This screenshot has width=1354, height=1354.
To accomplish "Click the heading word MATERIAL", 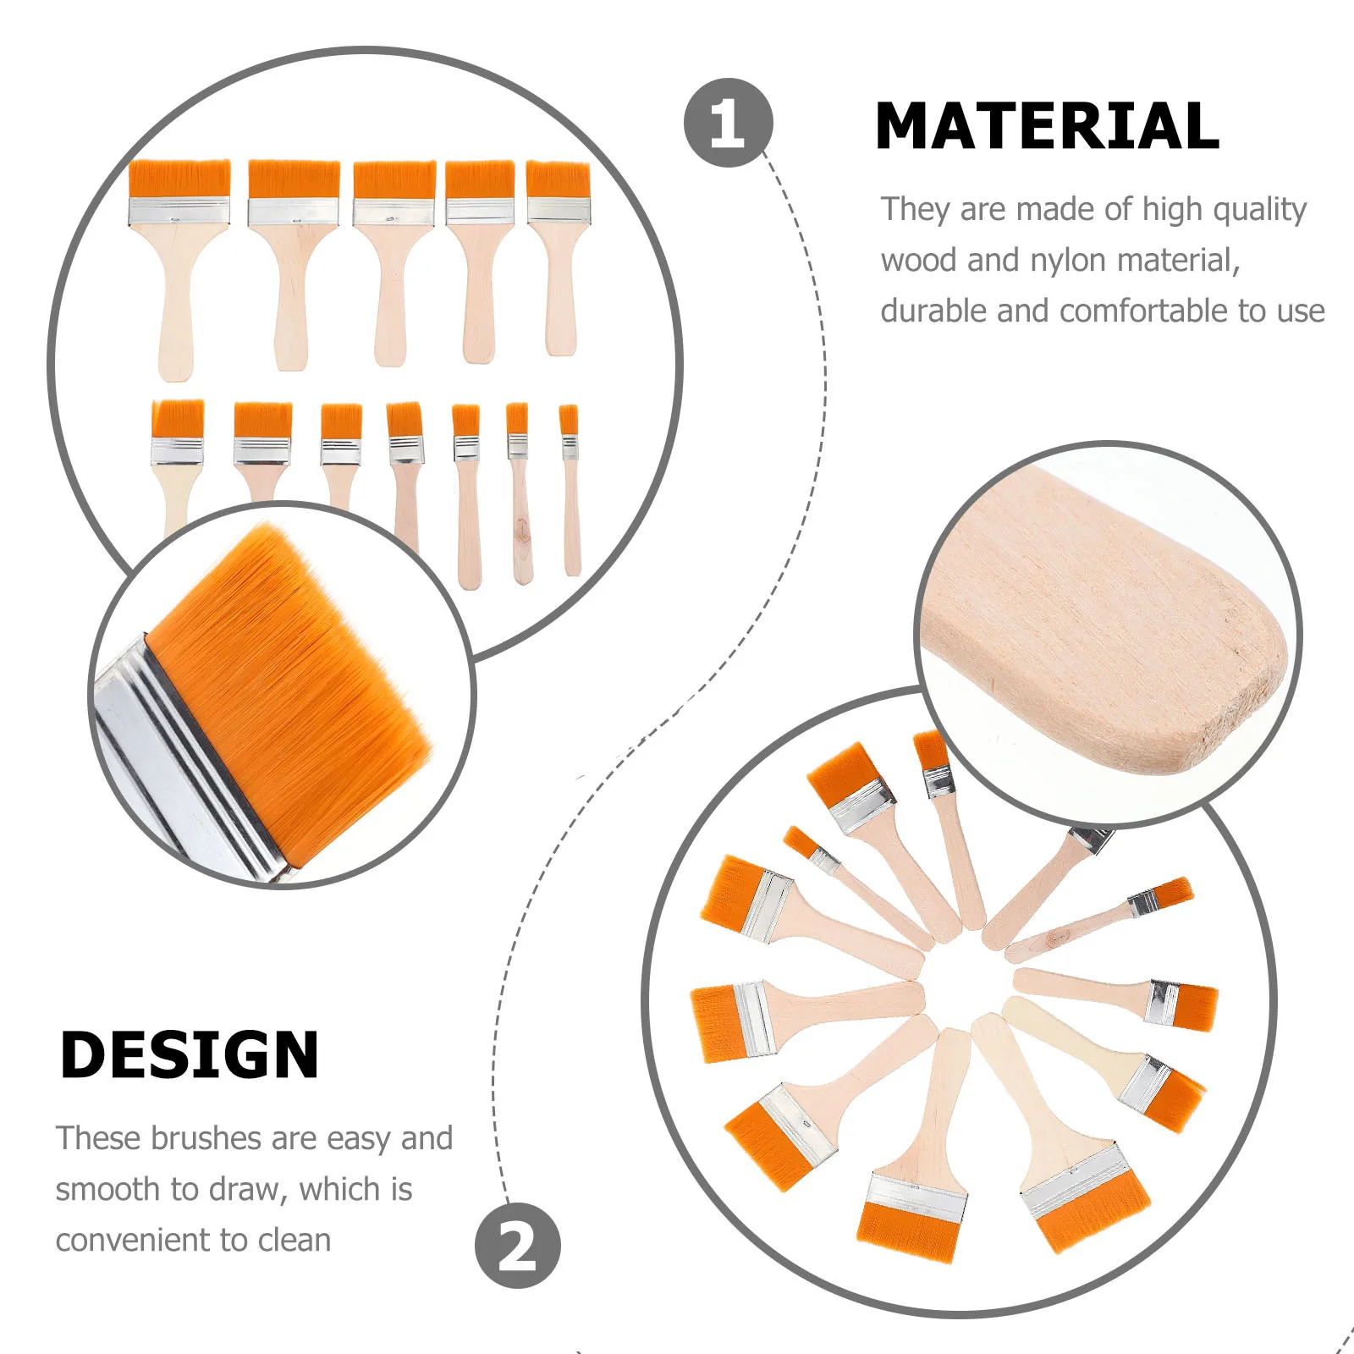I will click(x=1046, y=126).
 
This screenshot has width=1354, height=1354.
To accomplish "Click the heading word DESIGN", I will click(x=190, y=1055).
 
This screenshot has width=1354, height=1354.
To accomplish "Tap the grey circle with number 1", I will click(x=728, y=123).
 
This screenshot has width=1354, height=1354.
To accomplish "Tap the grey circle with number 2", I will click(x=517, y=1246).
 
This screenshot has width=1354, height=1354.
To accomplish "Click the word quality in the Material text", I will click(x=1260, y=209).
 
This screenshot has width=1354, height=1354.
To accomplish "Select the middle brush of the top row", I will click(x=394, y=254).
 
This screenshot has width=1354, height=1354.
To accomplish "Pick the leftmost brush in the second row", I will click(x=177, y=457).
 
